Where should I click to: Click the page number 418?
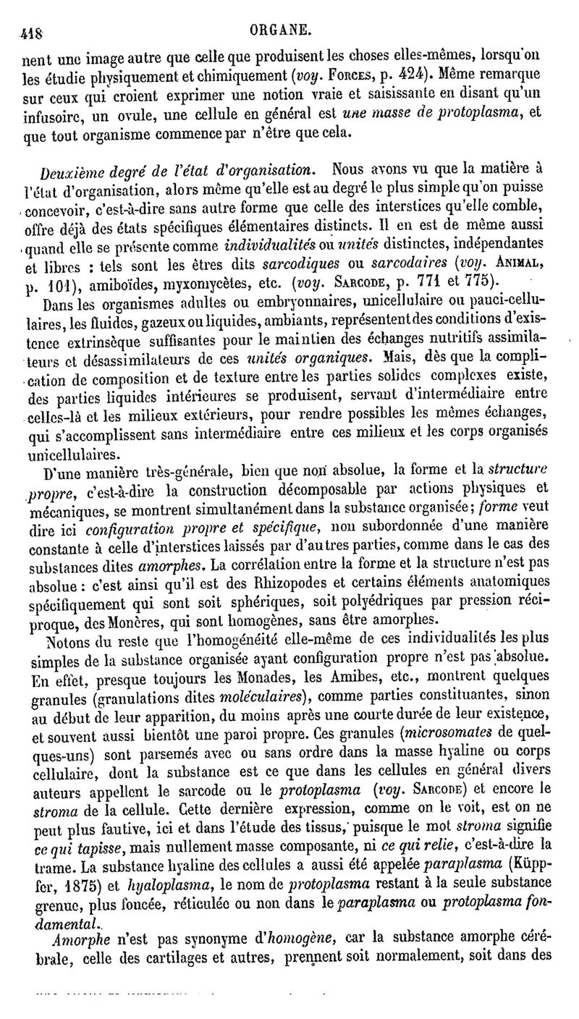click(32, 31)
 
